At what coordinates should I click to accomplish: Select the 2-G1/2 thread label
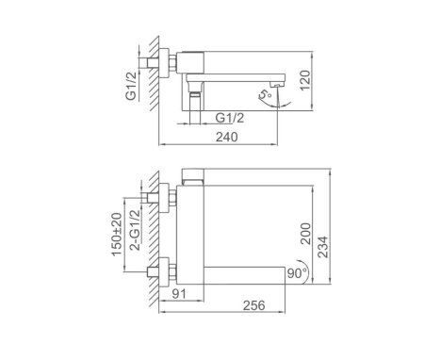pos(133,235)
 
